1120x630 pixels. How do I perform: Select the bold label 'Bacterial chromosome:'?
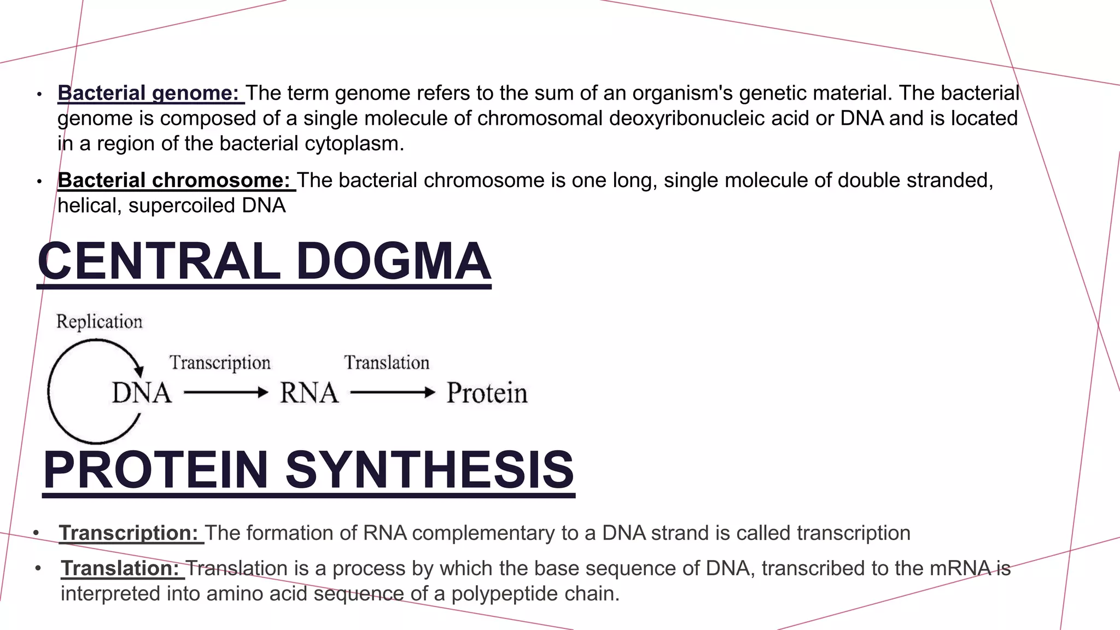tap(174, 180)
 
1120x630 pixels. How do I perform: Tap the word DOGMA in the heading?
tap(393, 261)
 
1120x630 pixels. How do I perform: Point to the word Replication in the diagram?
tap(100, 322)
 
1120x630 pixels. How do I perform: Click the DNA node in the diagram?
tap(142, 393)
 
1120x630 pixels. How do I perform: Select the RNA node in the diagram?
tap(309, 393)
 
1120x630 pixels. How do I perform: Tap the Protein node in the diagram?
tap(487, 393)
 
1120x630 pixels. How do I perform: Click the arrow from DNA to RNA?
tap(226, 392)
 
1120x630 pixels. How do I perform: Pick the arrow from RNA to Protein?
tap(393, 392)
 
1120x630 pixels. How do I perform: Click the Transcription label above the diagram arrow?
tap(220, 363)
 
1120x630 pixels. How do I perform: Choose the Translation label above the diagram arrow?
tap(387, 363)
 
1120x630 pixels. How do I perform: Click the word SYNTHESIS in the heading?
tap(429, 470)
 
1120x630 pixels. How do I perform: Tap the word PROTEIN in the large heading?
tap(156, 470)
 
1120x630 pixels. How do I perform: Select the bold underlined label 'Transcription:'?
tap(129, 533)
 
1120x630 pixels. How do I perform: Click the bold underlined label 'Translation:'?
tap(120, 568)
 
